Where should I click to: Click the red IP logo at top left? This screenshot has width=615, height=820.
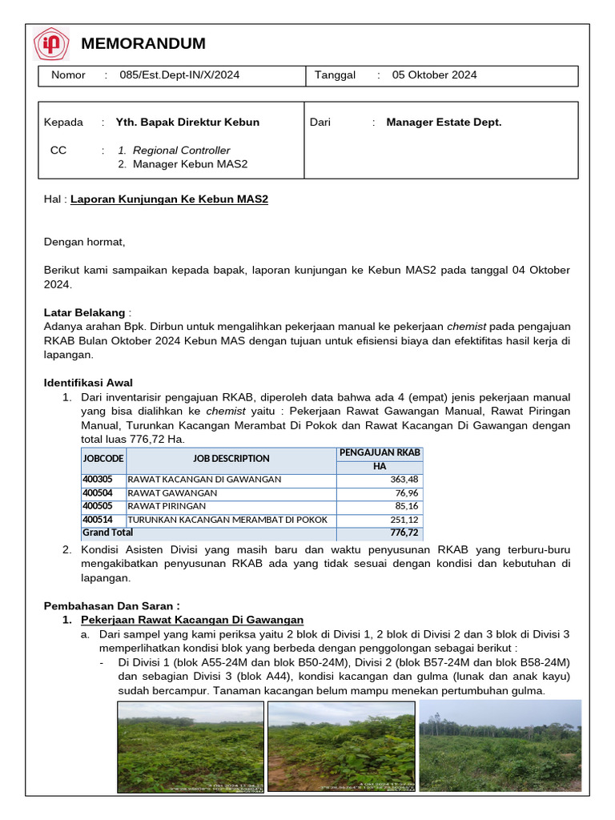(51, 44)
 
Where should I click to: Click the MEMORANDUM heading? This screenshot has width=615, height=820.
(143, 43)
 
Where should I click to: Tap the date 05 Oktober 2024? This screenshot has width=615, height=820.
(434, 75)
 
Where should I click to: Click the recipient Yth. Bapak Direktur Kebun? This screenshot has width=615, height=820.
(187, 123)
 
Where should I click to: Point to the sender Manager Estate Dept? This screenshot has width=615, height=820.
(444, 123)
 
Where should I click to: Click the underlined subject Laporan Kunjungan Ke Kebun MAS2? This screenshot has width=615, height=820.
(169, 199)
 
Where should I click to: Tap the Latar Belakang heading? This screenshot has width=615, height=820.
(84, 312)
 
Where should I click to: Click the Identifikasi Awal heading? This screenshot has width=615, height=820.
(88, 383)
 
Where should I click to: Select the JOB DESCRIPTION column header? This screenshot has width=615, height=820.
(231, 459)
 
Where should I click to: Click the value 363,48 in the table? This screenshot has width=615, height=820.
(404, 480)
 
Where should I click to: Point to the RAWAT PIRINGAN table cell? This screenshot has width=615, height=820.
(167, 506)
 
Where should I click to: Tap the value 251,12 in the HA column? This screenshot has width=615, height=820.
(404, 520)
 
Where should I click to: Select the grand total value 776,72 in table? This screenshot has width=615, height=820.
(404, 533)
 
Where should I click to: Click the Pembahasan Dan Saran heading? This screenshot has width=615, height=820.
(111, 605)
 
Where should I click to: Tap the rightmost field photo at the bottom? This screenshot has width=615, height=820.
(500, 746)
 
